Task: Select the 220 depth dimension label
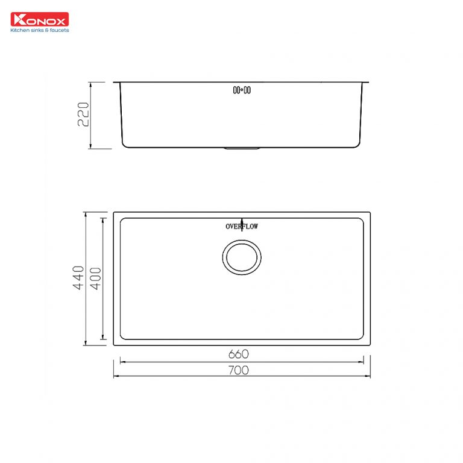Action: (x=84, y=115)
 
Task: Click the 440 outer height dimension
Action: (x=78, y=278)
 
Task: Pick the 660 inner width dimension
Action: (x=239, y=354)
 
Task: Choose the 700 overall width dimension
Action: (x=239, y=370)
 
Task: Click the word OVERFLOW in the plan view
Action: (x=242, y=227)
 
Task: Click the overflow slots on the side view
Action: (x=242, y=90)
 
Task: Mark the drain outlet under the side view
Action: (x=242, y=148)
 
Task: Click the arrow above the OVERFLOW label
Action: (x=242, y=220)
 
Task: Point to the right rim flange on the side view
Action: (x=367, y=82)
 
